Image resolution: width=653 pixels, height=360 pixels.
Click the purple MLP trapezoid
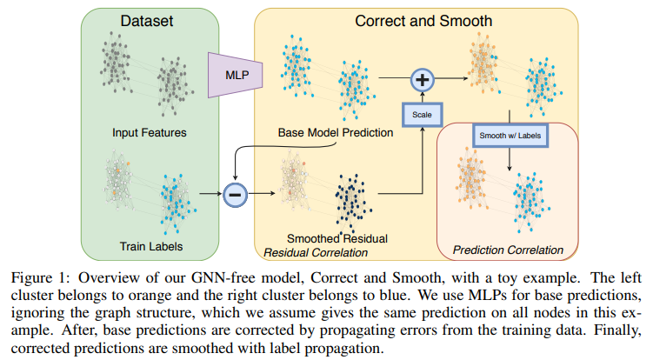click(x=236, y=76)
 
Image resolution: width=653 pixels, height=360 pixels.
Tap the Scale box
click(x=422, y=115)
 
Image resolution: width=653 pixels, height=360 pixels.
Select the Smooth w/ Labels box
click(x=510, y=136)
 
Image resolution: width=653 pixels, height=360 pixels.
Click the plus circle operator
click(x=423, y=80)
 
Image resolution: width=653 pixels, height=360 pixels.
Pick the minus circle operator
click(x=236, y=195)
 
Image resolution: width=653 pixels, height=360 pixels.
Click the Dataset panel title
click(x=147, y=21)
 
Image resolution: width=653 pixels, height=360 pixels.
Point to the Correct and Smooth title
click(x=423, y=21)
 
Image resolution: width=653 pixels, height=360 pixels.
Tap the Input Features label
click(x=149, y=132)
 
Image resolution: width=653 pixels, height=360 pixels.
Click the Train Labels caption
click(x=151, y=246)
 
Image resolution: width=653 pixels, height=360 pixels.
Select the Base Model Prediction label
click(x=336, y=132)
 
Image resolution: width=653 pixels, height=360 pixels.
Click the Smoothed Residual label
click(x=337, y=238)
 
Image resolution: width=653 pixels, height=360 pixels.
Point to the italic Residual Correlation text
click(x=316, y=252)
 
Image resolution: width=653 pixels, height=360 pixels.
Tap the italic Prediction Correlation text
click(x=508, y=250)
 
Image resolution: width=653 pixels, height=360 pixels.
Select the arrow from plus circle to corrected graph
click(x=451, y=78)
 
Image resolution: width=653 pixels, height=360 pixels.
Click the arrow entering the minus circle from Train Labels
click(x=210, y=193)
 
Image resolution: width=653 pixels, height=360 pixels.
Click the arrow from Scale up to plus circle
click(x=423, y=97)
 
